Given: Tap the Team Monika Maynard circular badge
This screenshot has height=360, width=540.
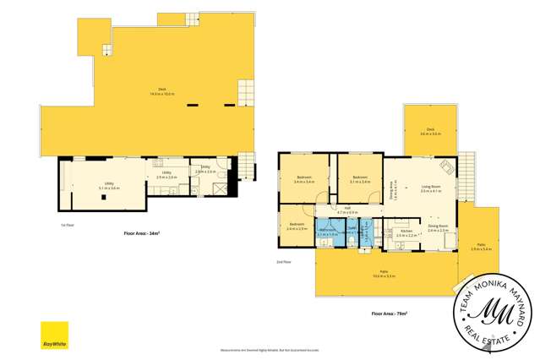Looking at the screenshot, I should point(494,313).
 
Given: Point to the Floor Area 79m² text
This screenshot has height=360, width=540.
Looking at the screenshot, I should point(389,314).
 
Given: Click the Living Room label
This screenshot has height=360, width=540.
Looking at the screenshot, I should point(431,188).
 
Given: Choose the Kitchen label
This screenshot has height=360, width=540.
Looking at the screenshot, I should point(406,231).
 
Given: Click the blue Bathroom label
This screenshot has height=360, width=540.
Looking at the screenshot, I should point(327,231).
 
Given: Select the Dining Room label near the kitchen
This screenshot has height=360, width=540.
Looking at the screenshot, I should point(438,228).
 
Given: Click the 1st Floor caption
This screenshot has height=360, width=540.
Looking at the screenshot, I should point(66,225).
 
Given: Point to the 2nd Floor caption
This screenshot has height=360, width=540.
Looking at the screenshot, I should point(286,261).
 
